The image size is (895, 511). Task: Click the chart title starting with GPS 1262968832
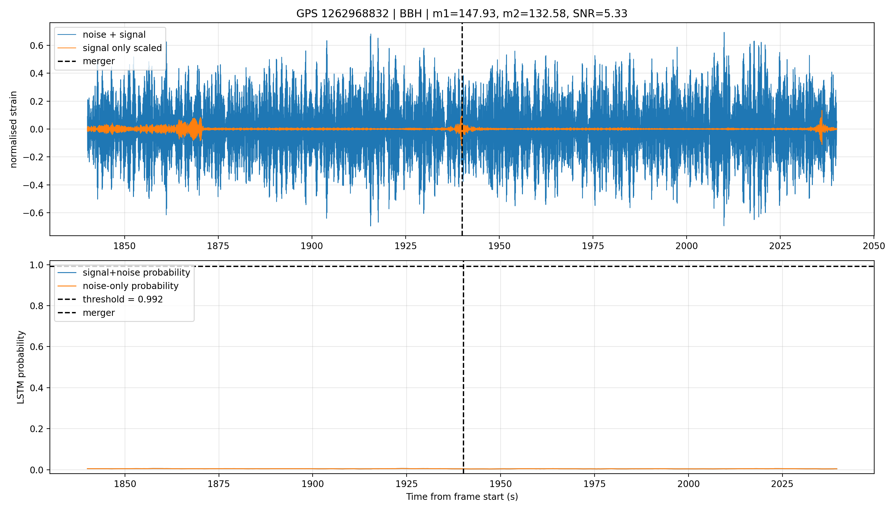pos(462,13)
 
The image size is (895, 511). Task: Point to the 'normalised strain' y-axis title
pos(13,129)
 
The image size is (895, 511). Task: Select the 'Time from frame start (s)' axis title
pos(462,497)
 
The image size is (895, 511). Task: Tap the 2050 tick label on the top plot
pos(874,246)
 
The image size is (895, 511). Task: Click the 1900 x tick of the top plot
pos(312,246)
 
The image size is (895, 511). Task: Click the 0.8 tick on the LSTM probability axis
pos(36,306)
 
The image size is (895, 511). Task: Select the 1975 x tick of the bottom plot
pos(595,484)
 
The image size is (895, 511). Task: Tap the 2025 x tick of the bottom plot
pos(782,484)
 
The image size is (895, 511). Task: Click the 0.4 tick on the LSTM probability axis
pos(36,388)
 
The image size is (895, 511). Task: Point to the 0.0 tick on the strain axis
pos(36,129)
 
